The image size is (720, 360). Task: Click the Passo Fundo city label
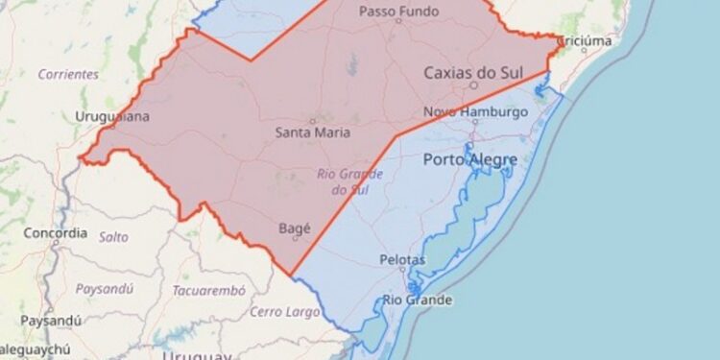click(x=398, y=12)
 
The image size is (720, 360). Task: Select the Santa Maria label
click(x=312, y=132)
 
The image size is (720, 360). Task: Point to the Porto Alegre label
click(x=470, y=159)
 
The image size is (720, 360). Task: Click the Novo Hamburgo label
click(x=476, y=112)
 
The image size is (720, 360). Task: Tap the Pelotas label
click(x=402, y=260)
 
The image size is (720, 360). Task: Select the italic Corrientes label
click(x=68, y=74)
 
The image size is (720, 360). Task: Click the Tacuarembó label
click(x=204, y=290)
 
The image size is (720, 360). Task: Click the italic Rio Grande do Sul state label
click(x=350, y=181)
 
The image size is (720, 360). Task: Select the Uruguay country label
click(x=197, y=355)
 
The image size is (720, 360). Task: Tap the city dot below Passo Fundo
click(x=398, y=21)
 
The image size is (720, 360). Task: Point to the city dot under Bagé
click(x=295, y=238)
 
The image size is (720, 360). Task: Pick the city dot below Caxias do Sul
click(x=473, y=84)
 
